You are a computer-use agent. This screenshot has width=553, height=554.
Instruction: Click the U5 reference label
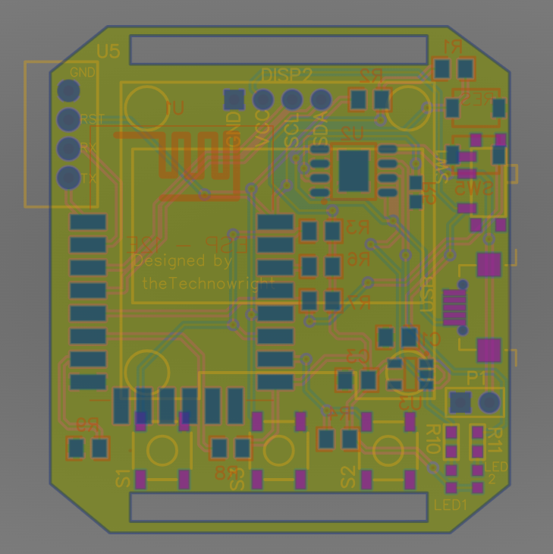tap(108, 52)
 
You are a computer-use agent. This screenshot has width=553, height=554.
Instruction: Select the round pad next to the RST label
tap(69, 119)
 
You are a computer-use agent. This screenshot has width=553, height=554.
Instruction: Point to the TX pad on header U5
tap(69, 178)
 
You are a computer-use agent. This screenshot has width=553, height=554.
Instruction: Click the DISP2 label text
tap(287, 75)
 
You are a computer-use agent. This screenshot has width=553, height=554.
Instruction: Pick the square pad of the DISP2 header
tap(234, 99)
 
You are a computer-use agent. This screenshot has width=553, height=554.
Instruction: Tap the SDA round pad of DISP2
tap(322, 99)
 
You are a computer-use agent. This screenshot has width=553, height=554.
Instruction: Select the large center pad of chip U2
tap(353, 171)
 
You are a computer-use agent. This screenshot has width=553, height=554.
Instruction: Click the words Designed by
tap(183, 260)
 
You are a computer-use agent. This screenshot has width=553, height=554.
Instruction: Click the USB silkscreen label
tap(429, 291)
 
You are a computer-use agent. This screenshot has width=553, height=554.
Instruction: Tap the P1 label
tap(477, 378)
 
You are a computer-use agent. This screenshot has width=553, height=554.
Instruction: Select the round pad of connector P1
tap(490, 401)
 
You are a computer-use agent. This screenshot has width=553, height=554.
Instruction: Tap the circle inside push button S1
tap(162, 451)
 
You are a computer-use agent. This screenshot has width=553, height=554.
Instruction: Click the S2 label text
tap(348, 477)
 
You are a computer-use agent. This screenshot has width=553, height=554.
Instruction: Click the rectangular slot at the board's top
tap(278, 49)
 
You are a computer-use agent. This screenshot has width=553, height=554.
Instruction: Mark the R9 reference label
tap(88, 425)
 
